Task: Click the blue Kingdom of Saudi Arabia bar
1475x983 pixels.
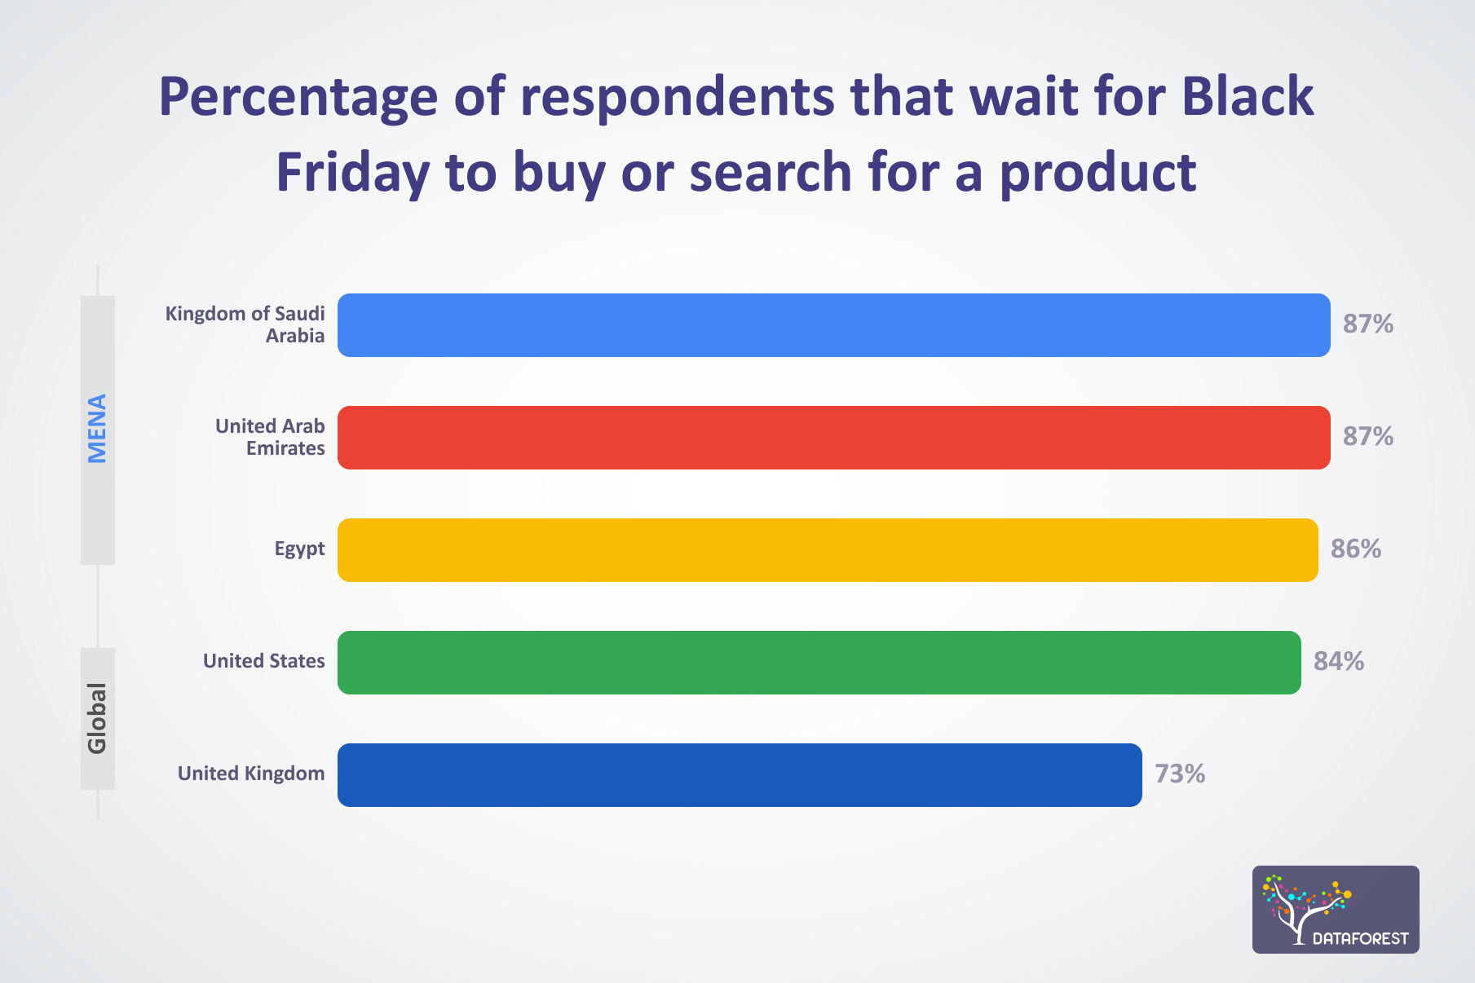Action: click(833, 325)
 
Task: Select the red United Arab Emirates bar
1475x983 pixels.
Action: click(833, 438)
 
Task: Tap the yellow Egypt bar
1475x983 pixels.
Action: click(828, 550)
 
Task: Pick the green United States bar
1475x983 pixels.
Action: click(819, 663)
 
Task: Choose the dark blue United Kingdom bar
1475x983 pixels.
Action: click(740, 775)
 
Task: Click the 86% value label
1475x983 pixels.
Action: click(1355, 549)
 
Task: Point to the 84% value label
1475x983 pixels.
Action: click(1338, 661)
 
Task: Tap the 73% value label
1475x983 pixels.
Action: click(1179, 774)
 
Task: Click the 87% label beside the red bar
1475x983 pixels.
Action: click(1367, 437)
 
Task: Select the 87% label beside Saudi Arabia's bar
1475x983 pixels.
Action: click(1367, 324)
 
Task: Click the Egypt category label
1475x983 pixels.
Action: click(299, 549)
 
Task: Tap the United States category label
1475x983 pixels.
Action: click(263, 661)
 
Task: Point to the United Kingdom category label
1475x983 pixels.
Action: click(251, 774)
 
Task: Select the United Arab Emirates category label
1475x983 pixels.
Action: click(270, 437)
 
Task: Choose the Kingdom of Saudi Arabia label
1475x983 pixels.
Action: click(245, 324)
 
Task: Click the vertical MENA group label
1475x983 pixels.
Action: click(97, 429)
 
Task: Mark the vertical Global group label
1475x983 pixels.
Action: click(97, 718)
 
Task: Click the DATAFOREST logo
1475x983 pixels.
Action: click(1335, 910)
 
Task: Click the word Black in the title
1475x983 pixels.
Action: click(1248, 97)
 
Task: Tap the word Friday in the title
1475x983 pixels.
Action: click(352, 173)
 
